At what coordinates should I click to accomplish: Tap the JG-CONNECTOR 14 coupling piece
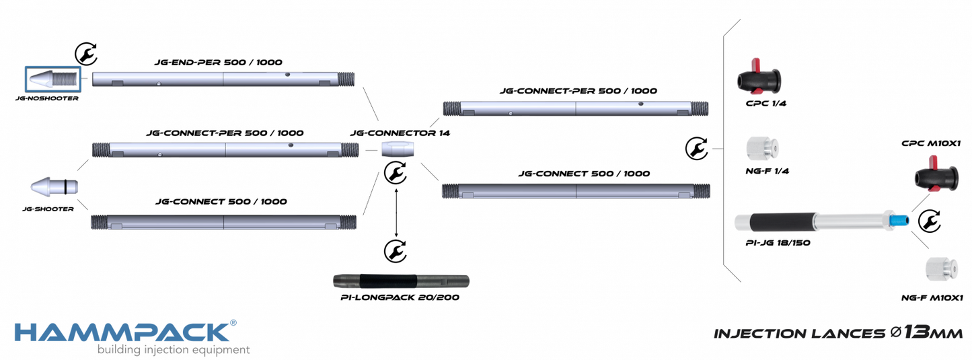[396, 149]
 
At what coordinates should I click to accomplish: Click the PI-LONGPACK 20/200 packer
[401, 280]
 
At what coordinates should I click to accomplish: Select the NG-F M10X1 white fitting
[940, 268]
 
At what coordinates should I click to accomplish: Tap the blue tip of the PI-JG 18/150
[897, 221]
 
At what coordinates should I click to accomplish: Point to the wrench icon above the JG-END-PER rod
[85, 52]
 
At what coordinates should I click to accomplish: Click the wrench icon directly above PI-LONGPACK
[396, 250]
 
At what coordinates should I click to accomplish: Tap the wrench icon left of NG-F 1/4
[696, 148]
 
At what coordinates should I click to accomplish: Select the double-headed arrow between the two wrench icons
[396, 212]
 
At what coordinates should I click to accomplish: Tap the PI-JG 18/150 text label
[778, 242]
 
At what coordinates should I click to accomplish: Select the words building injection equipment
[174, 350]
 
